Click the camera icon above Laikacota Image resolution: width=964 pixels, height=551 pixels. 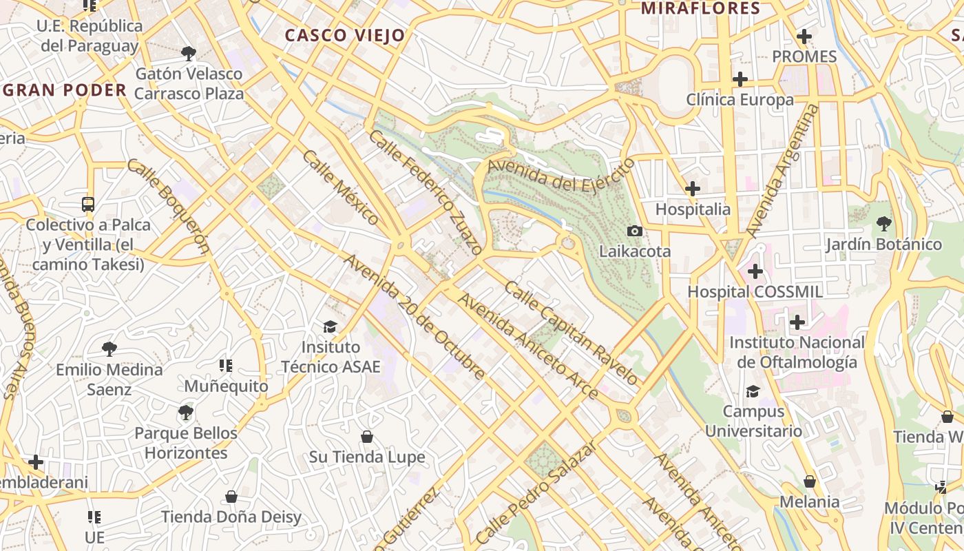click(635, 231)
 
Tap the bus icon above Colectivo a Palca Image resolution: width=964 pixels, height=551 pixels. click(88, 205)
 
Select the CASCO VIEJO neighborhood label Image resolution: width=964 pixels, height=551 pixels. click(345, 35)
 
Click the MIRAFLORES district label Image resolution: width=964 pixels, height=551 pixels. click(700, 9)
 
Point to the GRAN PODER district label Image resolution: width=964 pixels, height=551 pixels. click(65, 90)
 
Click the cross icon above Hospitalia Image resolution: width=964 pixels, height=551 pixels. click(693, 188)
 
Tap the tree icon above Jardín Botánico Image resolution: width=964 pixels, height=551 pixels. click(883, 224)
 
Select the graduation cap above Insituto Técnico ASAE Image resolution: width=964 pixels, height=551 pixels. click(331, 326)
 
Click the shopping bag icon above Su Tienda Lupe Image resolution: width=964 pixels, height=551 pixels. click(367, 437)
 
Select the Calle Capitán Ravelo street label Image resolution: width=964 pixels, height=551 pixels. click(571, 332)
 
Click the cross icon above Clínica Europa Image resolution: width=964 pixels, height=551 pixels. click(740, 79)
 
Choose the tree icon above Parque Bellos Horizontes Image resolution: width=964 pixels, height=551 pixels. click(185, 413)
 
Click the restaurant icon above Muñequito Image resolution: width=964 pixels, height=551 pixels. click(226, 366)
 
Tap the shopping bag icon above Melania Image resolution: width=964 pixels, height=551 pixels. click(810, 481)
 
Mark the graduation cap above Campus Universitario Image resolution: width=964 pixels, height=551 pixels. click(753, 391)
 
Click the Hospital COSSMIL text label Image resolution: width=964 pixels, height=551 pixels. click(755, 292)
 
